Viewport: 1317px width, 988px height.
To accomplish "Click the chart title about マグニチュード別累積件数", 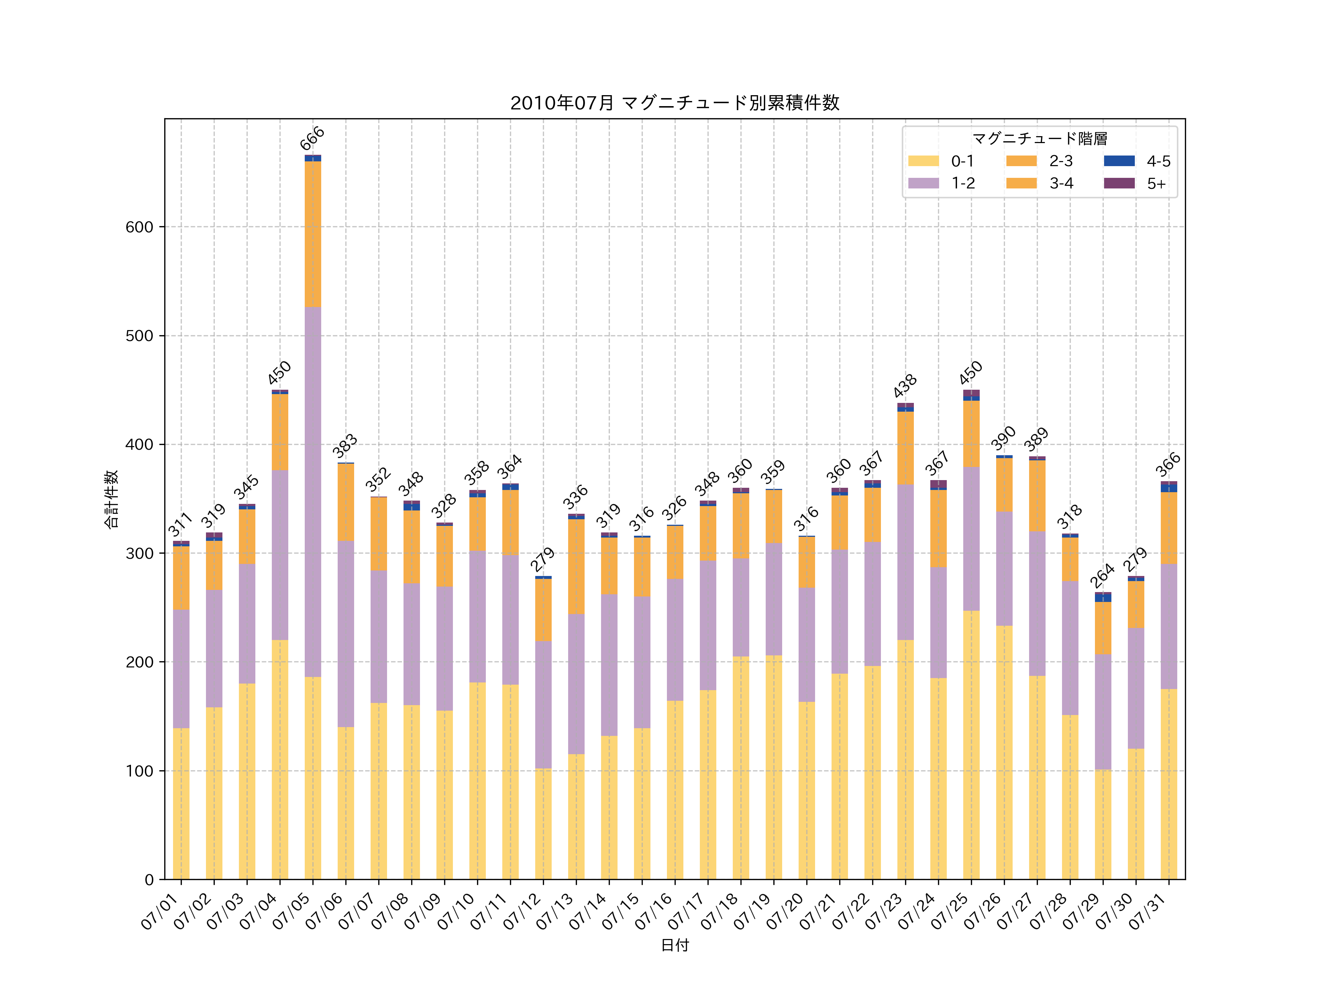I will click(675, 103).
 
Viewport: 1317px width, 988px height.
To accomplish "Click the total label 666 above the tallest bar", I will click(312, 138).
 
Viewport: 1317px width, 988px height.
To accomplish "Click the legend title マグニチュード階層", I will click(1040, 139).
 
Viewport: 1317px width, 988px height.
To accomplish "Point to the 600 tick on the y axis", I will click(139, 227).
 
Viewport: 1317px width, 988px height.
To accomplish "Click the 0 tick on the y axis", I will click(149, 880).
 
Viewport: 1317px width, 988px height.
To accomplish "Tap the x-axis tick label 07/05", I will click(291, 911).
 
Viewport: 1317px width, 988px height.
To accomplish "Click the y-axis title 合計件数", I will click(111, 499).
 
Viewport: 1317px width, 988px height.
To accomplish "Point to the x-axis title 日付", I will click(675, 945).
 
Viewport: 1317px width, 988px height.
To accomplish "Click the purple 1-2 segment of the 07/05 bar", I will click(312, 491).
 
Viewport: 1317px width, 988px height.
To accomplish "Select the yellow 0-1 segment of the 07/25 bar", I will click(971, 744).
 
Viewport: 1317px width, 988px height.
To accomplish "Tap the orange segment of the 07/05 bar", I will click(312, 234).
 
